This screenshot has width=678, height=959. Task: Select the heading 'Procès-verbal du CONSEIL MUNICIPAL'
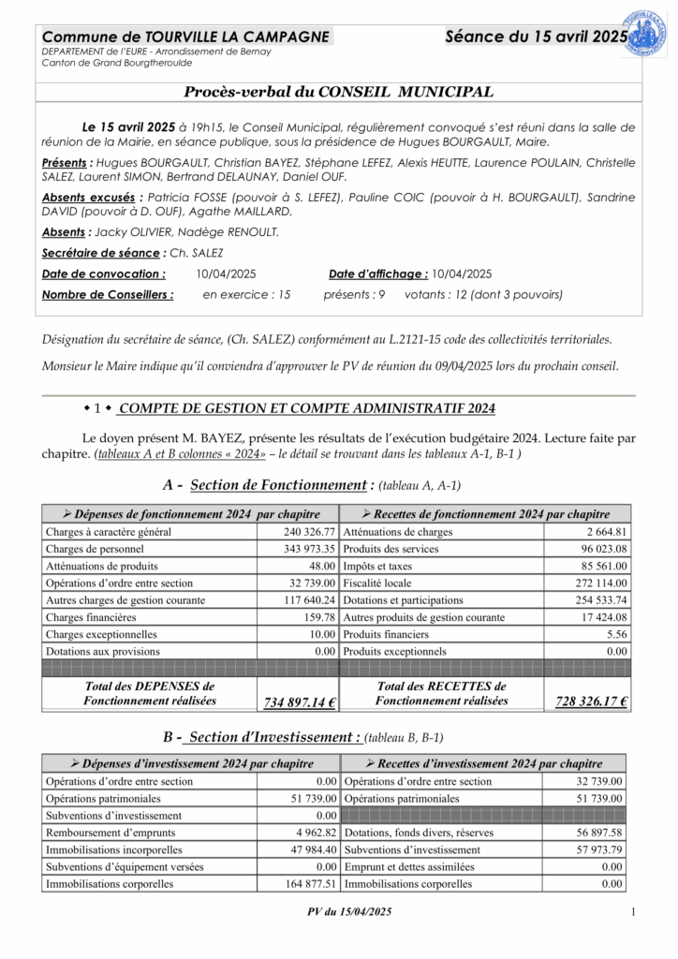click(338, 92)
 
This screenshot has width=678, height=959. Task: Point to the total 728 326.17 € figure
click(591, 701)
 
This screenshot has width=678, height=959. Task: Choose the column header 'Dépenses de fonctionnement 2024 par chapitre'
click(190, 514)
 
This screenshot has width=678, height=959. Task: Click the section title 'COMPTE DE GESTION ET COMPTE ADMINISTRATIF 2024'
click(307, 408)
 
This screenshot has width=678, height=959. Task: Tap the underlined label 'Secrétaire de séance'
click(101, 253)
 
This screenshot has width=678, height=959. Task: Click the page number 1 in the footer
click(634, 912)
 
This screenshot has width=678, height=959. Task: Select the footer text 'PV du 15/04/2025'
click(349, 913)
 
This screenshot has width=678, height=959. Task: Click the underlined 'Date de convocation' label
click(103, 274)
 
